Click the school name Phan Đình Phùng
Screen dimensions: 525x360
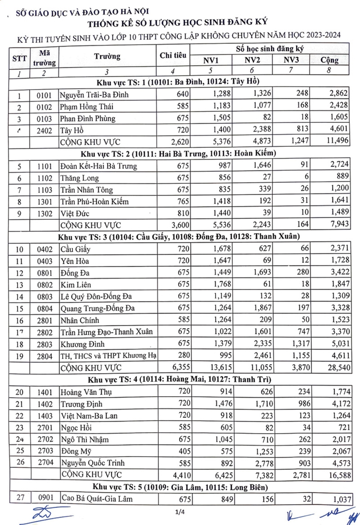point(88,118)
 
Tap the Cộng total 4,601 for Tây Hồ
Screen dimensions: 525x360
point(339,130)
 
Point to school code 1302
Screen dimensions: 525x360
point(46,213)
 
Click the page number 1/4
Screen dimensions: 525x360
point(180,511)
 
